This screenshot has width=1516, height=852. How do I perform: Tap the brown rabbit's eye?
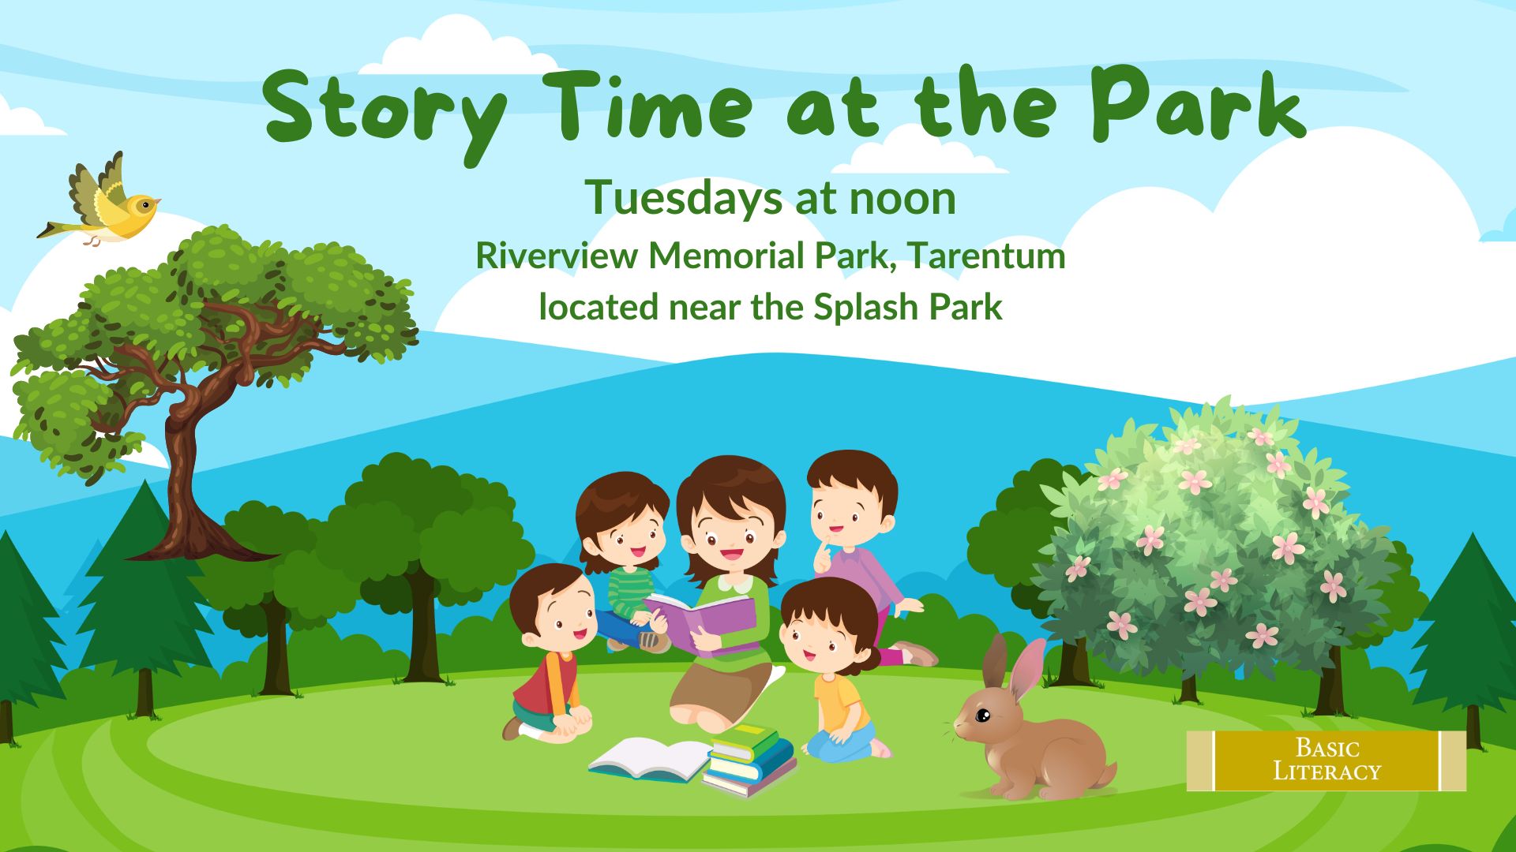[x=982, y=716]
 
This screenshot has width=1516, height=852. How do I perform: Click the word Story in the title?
[x=385, y=111]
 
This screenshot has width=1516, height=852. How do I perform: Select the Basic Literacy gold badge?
[x=1326, y=760]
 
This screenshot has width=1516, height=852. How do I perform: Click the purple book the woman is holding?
[x=702, y=622]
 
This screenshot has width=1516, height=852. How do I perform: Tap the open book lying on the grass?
[x=649, y=760]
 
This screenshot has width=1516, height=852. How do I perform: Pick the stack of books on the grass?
[x=749, y=758]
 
